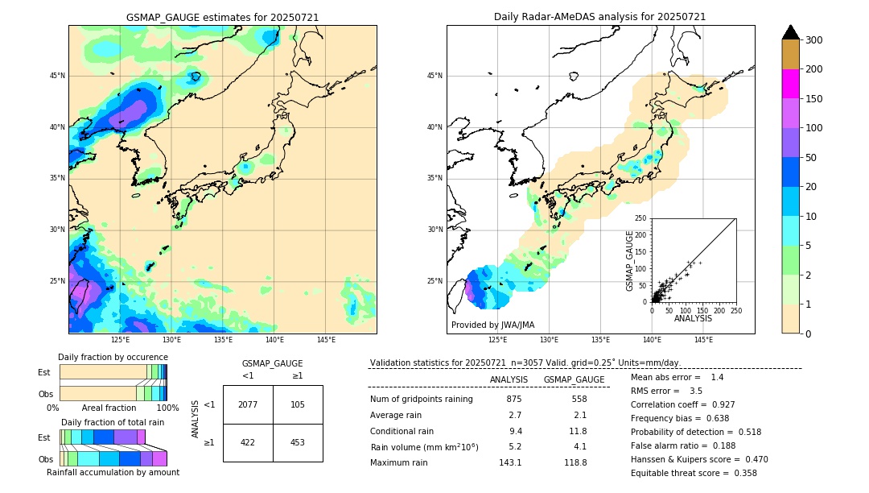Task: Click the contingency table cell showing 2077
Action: (x=248, y=404)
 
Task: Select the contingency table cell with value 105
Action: (x=298, y=404)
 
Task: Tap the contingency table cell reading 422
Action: (x=248, y=442)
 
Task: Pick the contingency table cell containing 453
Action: (x=298, y=442)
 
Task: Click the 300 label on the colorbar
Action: (x=814, y=40)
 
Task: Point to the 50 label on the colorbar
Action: (x=811, y=158)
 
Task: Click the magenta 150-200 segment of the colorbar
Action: (x=790, y=84)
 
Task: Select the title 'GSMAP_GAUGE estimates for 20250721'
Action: (x=222, y=17)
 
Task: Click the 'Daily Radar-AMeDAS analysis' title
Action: (x=599, y=17)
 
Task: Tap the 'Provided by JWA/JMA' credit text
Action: (x=492, y=325)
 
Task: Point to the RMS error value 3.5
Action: (x=696, y=391)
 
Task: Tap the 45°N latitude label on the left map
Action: (x=57, y=76)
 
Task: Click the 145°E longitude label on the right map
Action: (x=703, y=341)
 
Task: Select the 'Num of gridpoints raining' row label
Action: (x=421, y=399)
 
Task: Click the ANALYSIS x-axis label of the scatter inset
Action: (x=693, y=319)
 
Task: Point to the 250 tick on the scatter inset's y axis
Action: (x=641, y=218)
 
